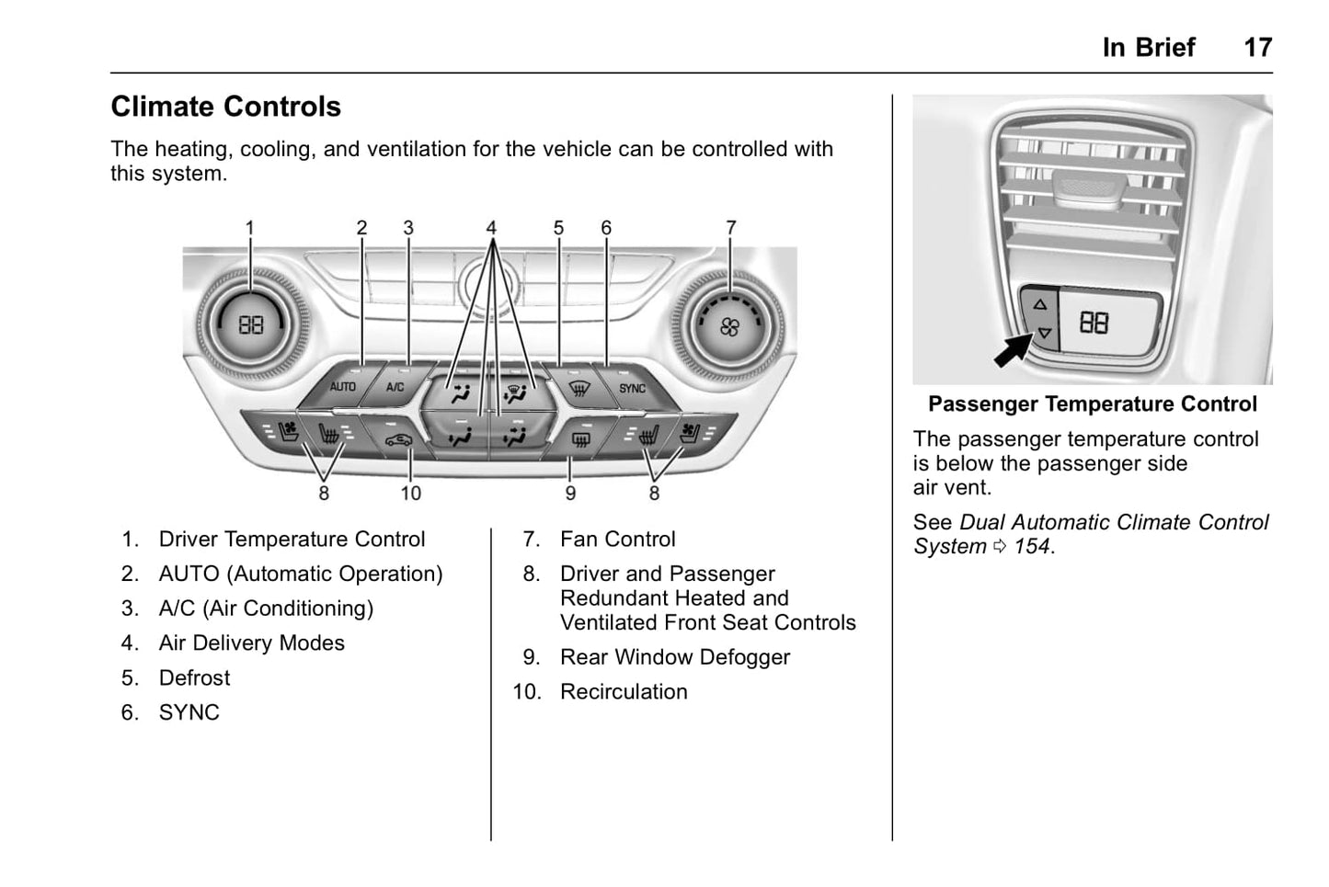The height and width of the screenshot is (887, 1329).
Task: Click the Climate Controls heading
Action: click(x=225, y=107)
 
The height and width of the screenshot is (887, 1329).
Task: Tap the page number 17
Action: click(x=1257, y=48)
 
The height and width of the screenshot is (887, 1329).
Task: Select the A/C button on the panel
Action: click(x=395, y=386)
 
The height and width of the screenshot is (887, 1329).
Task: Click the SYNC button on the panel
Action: click(x=632, y=388)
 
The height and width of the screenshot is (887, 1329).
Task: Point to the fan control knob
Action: click(x=728, y=326)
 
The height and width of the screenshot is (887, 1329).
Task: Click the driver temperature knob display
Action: click(x=251, y=324)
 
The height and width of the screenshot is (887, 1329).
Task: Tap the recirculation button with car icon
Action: click(x=398, y=439)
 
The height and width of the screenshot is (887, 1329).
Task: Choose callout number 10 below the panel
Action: click(x=410, y=494)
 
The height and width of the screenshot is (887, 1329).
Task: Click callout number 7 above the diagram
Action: click(x=731, y=227)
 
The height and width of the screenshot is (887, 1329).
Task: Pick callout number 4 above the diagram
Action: click(x=491, y=227)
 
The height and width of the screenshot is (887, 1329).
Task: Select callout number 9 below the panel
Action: click(x=570, y=494)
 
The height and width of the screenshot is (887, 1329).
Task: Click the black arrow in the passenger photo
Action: click(x=1014, y=350)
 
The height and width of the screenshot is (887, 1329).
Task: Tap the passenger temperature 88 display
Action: click(x=1094, y=323)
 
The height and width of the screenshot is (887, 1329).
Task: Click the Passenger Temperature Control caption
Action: click(x=1092, y=404)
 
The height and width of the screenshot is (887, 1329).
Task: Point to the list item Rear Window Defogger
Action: click(x=674, y=657)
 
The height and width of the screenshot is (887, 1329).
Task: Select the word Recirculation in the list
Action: click(x=624, y=692)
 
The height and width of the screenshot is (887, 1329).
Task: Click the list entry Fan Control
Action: click(x=617, y=540)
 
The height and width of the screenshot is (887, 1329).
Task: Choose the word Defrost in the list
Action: click(x=194, y=678)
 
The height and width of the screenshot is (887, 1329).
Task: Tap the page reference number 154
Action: click(x=1032, y=547)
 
